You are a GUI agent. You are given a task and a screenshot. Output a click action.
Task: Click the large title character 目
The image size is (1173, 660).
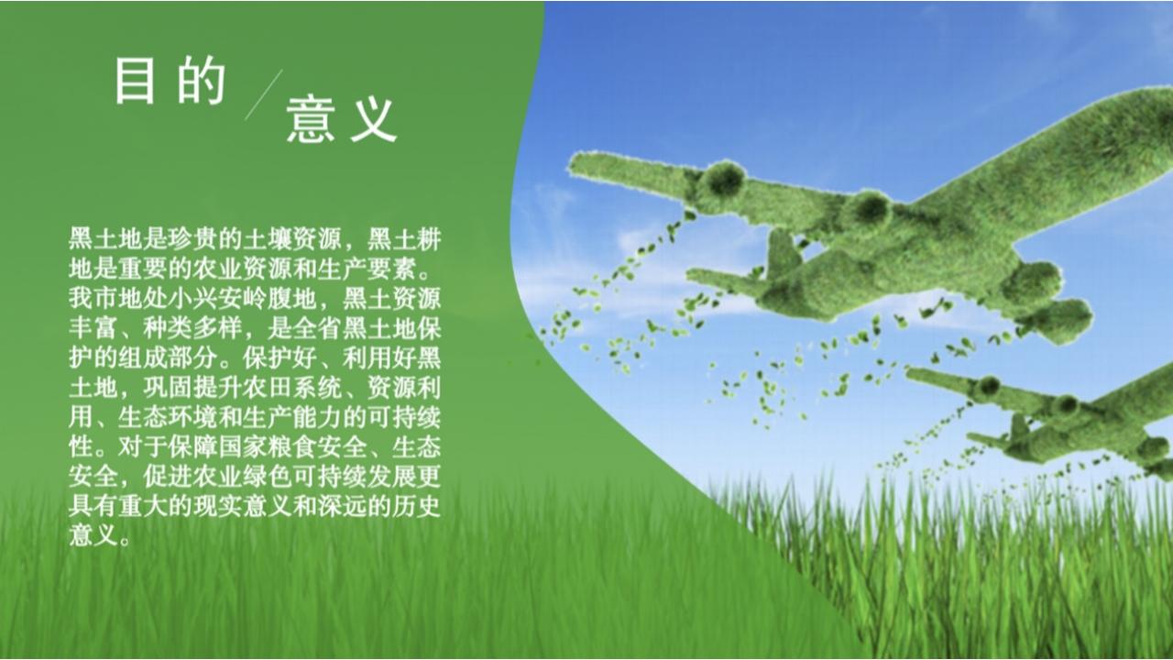tap(135, 82)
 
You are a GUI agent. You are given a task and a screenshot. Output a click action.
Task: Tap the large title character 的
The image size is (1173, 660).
tap(202, 82)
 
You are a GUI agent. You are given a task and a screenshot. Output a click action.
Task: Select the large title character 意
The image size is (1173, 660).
tap(310, 119)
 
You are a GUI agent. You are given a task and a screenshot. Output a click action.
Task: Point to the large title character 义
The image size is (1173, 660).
tap(373, 120)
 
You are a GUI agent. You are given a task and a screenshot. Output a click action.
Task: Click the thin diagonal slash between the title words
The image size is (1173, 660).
tap(263, 94)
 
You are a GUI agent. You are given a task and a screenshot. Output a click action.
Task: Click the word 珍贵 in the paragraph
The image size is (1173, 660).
tap(192, 239)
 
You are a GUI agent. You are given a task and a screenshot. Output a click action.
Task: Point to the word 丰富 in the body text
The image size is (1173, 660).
tap(93, 328)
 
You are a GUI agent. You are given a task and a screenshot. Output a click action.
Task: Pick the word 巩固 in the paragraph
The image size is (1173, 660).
tap(168, 388)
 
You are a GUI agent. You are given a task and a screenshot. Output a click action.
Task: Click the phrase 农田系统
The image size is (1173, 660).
tap(292, 388)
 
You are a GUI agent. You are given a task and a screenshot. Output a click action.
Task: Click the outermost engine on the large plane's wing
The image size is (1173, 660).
tap(722, 178)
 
